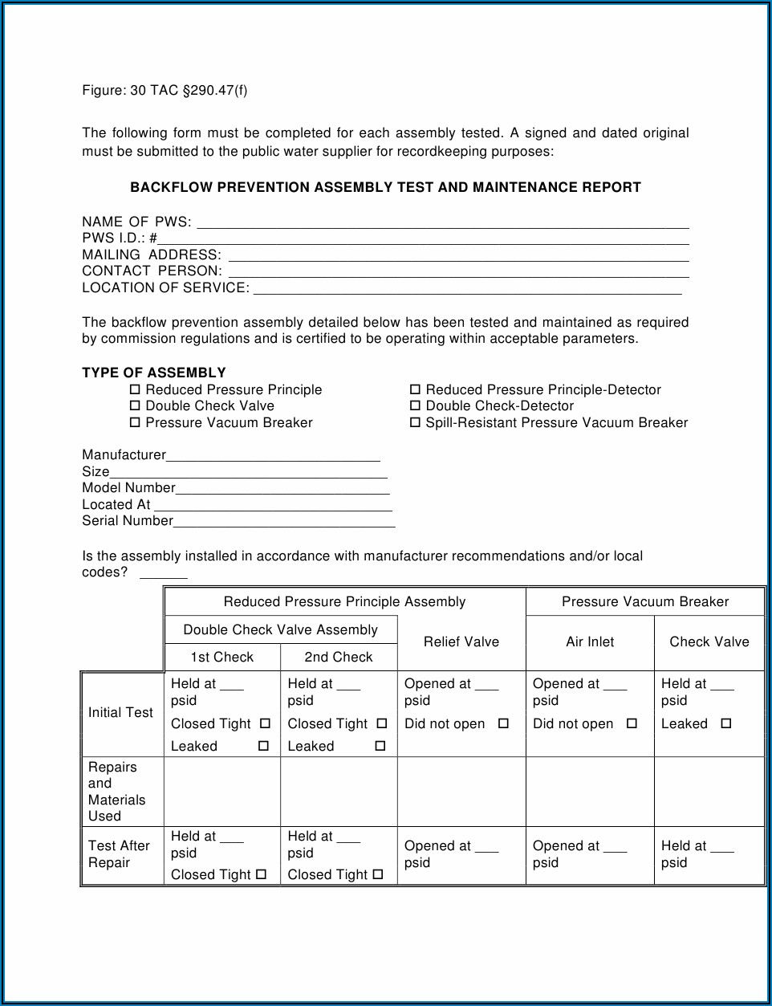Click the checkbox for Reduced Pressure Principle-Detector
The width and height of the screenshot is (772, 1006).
coord(416,389)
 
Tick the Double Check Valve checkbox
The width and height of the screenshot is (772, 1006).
coord(135,406)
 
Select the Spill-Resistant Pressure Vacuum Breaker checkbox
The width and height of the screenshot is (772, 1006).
coord(416,422)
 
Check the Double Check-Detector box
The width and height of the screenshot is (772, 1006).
coord(416,406)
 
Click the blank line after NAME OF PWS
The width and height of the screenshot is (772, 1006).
coord(442,222)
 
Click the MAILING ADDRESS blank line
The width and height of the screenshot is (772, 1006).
coord(458,255)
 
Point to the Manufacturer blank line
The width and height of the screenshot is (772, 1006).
coord(273,456)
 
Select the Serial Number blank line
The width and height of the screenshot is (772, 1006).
coord(284,522)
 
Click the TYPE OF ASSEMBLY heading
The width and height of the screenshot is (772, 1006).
coord(154,373)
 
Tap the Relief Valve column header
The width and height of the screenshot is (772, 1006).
coord(461,642)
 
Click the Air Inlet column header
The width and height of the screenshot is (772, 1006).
coord(590,642)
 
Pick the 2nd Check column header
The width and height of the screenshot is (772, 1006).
coord(339,658)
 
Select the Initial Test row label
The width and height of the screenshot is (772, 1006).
coord(120,713)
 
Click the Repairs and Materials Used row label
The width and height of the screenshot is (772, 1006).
coord(117,792)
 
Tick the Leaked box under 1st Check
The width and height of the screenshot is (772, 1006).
coord(263,746)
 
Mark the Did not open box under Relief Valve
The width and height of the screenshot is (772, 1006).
coord(503,723)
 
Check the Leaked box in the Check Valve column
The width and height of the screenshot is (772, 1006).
coord(726,723)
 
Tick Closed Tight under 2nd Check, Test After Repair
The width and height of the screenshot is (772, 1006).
coord(378,874)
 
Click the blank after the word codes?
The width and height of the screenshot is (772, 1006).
coord(164,573)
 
